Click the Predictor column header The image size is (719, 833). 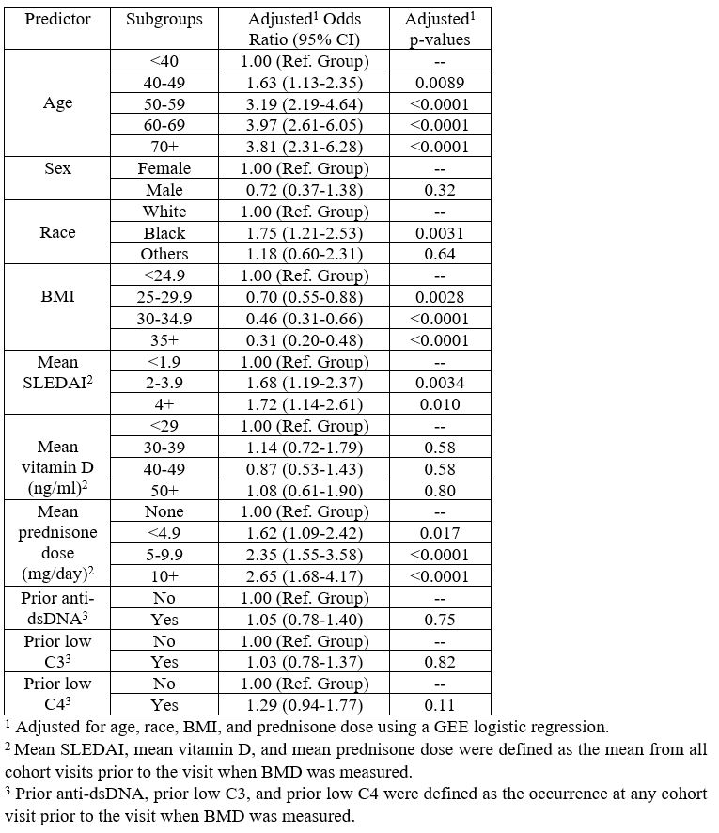tap(57, 19)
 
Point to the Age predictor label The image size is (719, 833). tap(57, 103)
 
